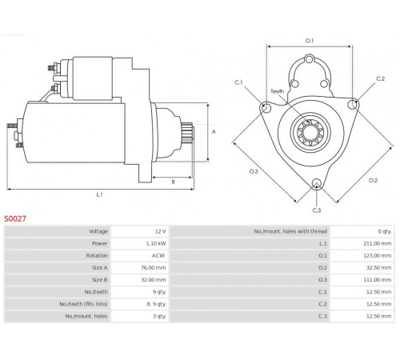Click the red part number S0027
click(x=15, y=218)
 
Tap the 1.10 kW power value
click(x=156, y=243)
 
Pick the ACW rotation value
click(x=158, y=255)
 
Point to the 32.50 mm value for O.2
click(x=378, y=267)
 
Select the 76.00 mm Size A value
click(x=154, y=267)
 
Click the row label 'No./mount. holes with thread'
click(x=290, y=231)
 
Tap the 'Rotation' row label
click(x=97, y=255)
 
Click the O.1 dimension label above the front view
click(x=310, y=41)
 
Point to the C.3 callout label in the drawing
click(x=317, y=210)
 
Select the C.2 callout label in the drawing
click(x=381, y=78)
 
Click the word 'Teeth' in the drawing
click(x=278, y=91)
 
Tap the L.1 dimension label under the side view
click(x=99, y=194)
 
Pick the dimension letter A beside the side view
click(x=214, y=132)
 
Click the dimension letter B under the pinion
click(x=173, y=182)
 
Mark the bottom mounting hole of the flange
click(x=317, y=183)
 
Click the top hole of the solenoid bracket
click(x=310, y=59)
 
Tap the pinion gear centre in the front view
click(x=310, y=132)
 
